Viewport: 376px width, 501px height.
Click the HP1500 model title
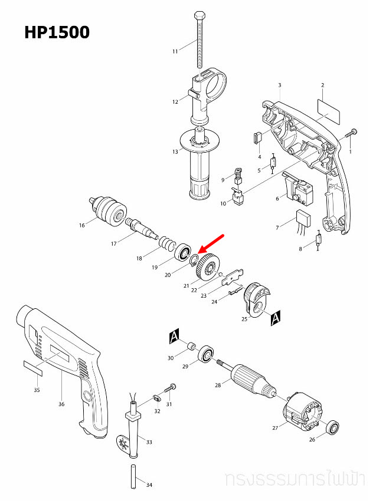click(57, 32)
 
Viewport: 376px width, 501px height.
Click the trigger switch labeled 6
click(297, 187)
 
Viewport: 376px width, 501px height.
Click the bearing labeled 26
click(332, 427)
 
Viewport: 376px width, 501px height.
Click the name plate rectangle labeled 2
click(329, 110)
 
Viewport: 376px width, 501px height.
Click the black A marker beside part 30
click(174, 337)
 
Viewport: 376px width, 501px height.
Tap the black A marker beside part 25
click(275, 319)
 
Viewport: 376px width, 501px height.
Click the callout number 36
click(62, 404)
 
